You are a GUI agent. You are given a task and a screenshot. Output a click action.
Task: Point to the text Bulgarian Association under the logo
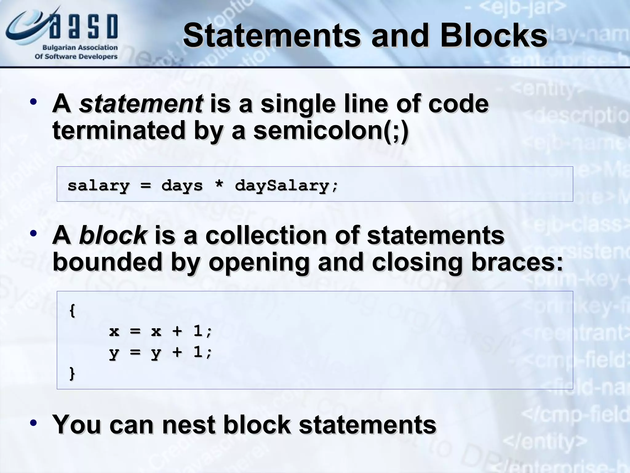click(x=80, y=47)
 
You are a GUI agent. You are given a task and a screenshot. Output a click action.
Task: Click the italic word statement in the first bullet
click(x=141, y=103)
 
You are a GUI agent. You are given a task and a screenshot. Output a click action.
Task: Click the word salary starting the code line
click(x=98, y=186)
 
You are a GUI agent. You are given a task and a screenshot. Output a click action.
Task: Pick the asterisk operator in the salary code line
click(x=219, y=185)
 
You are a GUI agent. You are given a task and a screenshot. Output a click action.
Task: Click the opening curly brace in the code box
click(x=72, y=310)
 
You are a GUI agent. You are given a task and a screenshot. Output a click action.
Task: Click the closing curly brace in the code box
click(x=72, y=373)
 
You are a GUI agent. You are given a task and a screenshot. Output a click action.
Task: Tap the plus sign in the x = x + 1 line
click(x=177, y=331)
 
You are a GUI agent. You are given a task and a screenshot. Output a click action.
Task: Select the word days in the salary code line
click(x=182, y=186)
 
